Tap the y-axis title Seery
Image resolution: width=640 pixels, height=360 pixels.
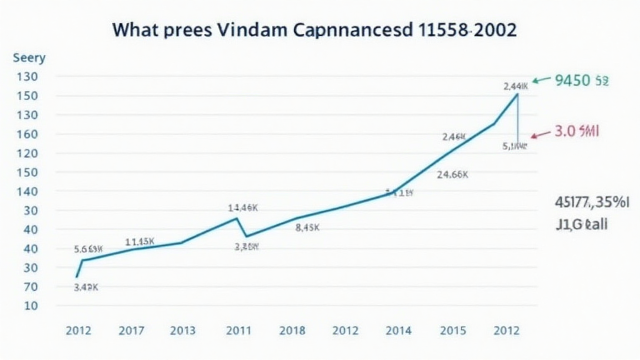[29, 58]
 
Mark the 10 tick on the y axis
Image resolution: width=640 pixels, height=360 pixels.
[30, 306]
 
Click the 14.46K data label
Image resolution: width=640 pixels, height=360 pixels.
[243, 207]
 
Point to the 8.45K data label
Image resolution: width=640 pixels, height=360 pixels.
[307, 228]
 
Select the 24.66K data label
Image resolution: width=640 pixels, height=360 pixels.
[452, 175]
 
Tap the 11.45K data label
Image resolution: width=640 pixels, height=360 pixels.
[140, 241]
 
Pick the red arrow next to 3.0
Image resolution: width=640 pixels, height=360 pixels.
[540, 134]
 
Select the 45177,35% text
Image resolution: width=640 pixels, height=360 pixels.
[592, 202]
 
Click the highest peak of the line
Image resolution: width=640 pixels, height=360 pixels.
[517, 94]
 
